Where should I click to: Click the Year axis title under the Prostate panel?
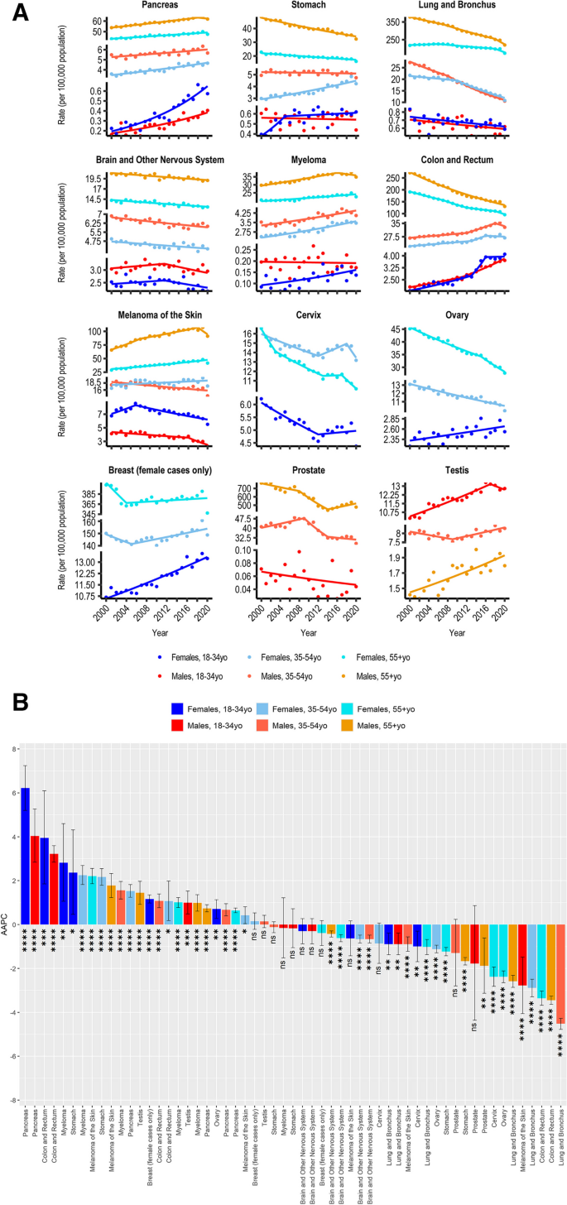[308, 633]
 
